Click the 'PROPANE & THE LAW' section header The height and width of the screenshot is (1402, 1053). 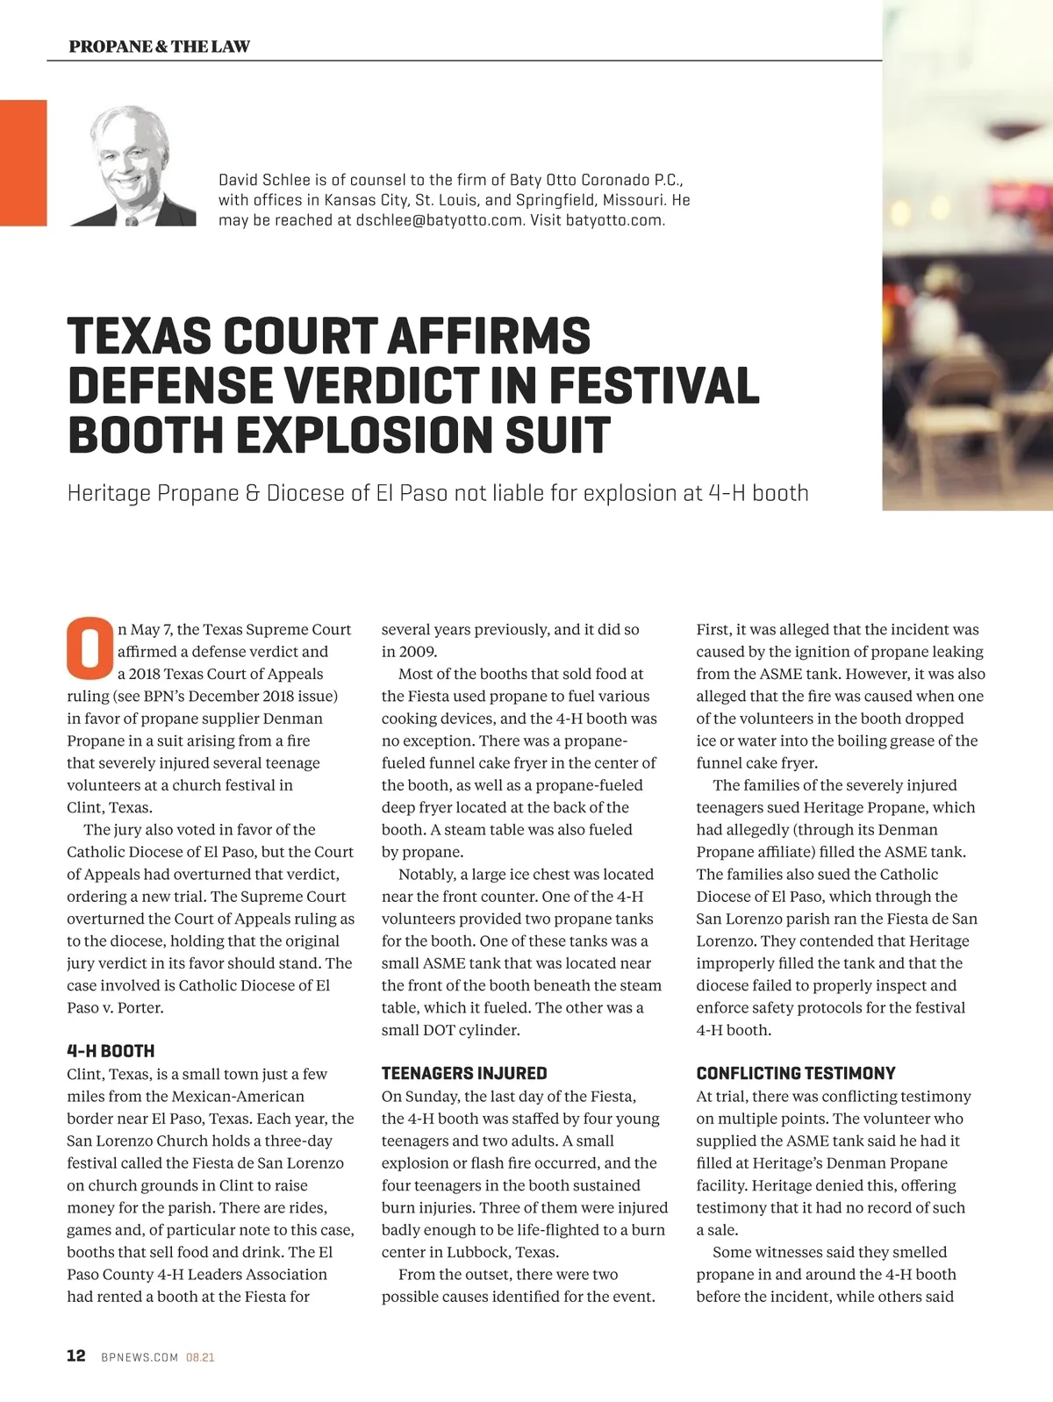(159, 46)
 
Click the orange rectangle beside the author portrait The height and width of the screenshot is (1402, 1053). (23, 162)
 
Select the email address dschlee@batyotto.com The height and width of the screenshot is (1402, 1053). (440, 220)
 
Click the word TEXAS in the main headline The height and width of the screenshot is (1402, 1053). (138, 337)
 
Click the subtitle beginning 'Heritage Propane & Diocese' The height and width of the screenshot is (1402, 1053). (438, 493)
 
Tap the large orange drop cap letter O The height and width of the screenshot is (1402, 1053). (90, 649)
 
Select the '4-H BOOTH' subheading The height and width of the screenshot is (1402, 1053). (111, 1051)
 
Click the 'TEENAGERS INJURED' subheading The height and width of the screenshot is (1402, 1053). (464, 1073)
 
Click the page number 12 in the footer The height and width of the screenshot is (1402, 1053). (76, 1356)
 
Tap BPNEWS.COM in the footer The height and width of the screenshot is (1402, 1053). (140, 1357)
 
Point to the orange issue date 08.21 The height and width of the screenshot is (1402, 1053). (200, 1357)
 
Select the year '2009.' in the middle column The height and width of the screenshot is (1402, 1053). (419, 652)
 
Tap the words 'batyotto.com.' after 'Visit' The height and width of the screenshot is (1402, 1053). (615, 220)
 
